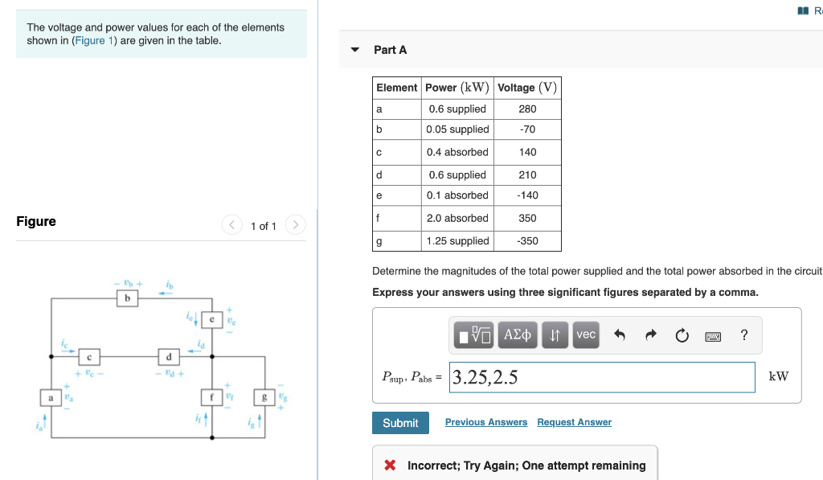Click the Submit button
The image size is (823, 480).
[x=400, y=423]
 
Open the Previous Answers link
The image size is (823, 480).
[x=485, y=422]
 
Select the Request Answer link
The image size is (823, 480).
[x=574, y=422]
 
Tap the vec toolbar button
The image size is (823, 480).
[x=586, y=335]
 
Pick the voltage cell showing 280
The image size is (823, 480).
[x=527, y=109]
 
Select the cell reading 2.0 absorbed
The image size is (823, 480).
[x=457, y=218]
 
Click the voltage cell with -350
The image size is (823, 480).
[x=527, y=241]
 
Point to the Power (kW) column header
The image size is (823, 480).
[x=457, y=88]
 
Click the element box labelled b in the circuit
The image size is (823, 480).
[x=125, y=298]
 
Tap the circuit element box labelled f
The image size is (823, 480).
[x=211, y=396]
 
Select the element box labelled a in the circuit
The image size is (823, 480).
[x=50, y=396]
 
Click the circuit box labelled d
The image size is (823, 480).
[x=168, y=355]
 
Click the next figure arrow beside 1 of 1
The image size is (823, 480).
[x=295, y=225]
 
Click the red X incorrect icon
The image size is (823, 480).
[x=390, y=466]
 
